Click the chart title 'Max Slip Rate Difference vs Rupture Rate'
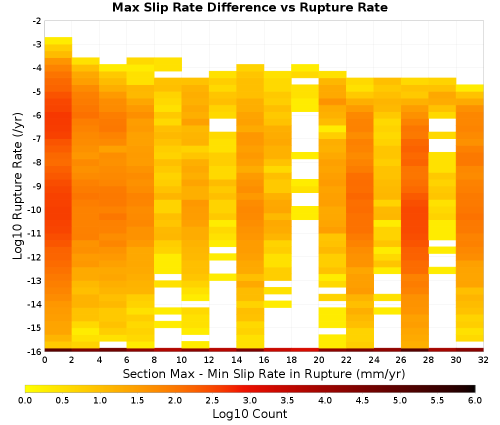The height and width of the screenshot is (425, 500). tap(249, 7)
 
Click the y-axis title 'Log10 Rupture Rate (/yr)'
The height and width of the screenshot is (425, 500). tap(18, 186)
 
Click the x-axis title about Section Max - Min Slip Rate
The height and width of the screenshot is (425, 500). tap(263, 373)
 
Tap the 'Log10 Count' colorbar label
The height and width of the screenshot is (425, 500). tap(249, 414)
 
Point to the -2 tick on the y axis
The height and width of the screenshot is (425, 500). tap(36, 21)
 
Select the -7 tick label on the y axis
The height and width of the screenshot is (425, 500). tap(36, 139)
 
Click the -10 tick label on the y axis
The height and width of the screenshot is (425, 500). tap(34, 210)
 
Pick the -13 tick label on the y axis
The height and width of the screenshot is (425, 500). tap(34, 280)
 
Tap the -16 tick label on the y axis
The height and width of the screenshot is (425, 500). tap(34, 351)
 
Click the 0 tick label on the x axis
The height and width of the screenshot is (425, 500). tap(44, 360)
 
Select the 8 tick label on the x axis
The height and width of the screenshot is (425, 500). tap(154, 360)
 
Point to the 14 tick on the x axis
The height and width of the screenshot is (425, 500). tap(236, 360)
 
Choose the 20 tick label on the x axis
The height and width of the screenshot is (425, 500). tap(319, 360)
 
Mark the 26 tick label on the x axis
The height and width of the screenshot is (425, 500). tap(401, 360)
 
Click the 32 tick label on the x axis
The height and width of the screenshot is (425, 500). tap(483, 360)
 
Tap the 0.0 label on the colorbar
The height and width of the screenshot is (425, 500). tap(25, 400)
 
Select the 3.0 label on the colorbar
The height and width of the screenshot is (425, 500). tap(250, 400)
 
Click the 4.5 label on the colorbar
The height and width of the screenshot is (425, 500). tap(362, 400)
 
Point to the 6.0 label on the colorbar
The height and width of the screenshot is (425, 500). tap(475, 400)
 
